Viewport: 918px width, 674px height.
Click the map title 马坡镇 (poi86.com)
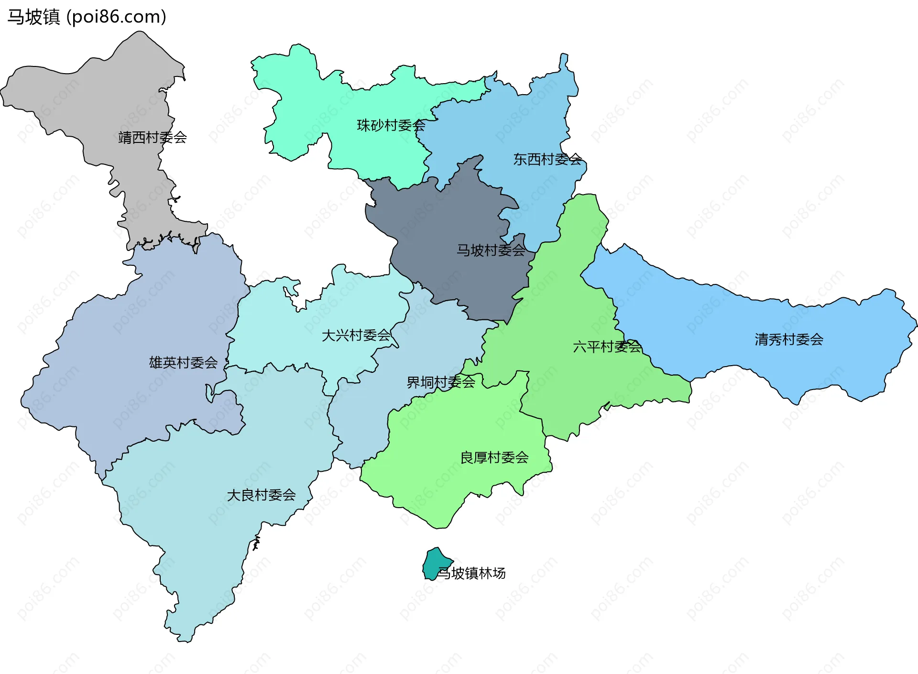coord(87,17)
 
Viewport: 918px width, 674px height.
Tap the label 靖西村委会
coord(153,138)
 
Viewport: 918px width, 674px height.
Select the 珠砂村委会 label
coord(391,125)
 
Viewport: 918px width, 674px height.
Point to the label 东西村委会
coord(547,159)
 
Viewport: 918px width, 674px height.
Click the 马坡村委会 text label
coord(491,250)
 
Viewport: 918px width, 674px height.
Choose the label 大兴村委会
coord(356,335)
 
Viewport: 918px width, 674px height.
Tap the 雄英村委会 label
coord(183,362)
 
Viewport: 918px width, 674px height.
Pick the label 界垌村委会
coord(441,382)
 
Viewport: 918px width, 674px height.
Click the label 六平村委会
coord(607,347)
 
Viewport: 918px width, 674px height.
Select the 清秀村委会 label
coord(789,339)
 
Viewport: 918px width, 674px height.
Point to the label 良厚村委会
coord(494,457)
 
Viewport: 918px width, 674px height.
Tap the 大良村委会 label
coord(261,495)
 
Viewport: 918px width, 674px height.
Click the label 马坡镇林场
coord(472,573)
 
